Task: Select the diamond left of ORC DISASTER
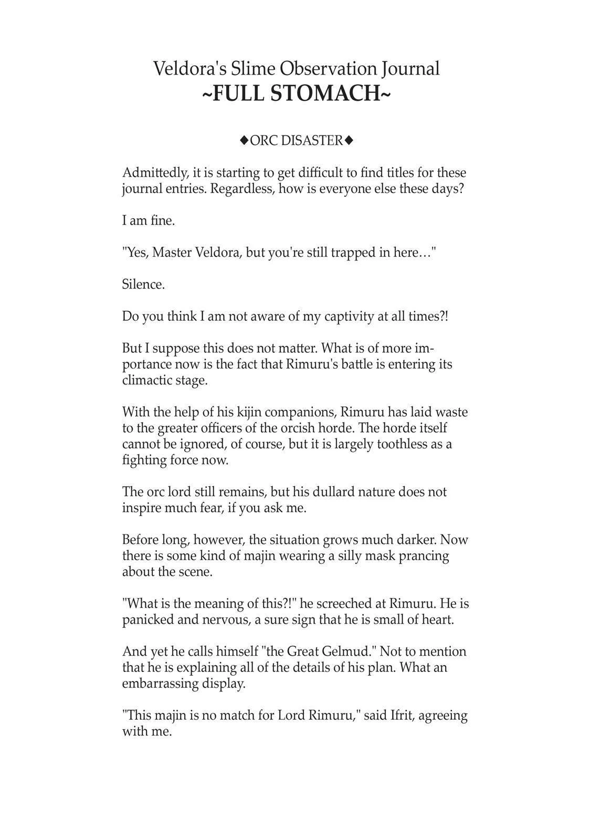click(x=244, y=140)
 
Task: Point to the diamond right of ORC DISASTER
click(x=349, y=140)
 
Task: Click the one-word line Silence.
click(x=143, y=285)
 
